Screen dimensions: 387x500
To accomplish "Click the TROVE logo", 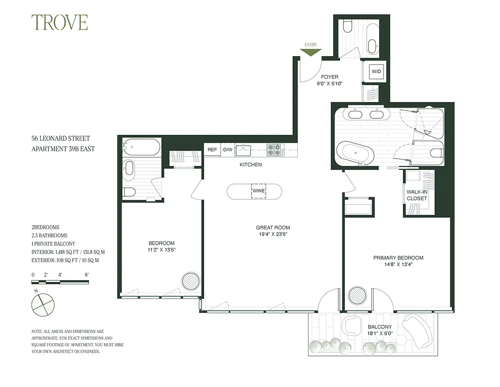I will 59,23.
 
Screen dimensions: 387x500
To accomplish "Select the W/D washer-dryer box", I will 376,72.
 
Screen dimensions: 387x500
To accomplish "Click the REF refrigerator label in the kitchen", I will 212,150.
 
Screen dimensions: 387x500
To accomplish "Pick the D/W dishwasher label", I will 227,150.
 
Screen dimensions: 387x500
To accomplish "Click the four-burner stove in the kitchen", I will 275,150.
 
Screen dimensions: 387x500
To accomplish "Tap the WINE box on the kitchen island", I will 258,191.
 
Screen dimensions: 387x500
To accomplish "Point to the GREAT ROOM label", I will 273,228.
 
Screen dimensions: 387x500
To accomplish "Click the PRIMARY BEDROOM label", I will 398,258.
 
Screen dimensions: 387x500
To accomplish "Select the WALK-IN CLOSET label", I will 417,195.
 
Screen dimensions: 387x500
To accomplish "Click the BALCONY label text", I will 379,327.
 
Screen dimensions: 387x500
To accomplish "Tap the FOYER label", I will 329,77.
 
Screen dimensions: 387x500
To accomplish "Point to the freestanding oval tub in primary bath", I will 355,153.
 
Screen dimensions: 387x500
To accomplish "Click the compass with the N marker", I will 43,304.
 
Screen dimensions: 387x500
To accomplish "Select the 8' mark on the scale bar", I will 87,275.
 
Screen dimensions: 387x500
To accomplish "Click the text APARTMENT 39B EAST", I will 63,149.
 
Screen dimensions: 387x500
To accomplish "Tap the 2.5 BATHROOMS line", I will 50,235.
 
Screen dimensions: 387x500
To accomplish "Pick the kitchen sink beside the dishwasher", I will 243,150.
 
